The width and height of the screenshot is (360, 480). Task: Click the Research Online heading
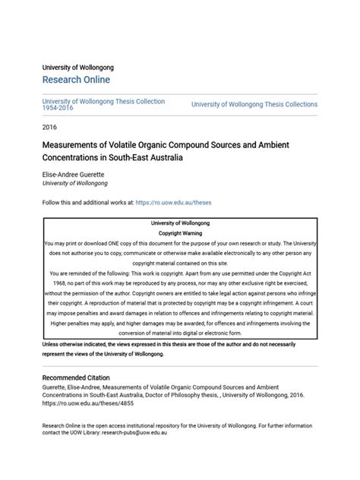76,80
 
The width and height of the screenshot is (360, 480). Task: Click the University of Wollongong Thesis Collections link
254,105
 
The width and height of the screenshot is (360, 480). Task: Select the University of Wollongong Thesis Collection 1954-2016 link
103,104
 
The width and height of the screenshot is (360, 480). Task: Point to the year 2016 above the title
50,127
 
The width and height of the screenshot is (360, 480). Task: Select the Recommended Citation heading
76,377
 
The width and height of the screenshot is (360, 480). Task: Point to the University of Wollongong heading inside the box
180,223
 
